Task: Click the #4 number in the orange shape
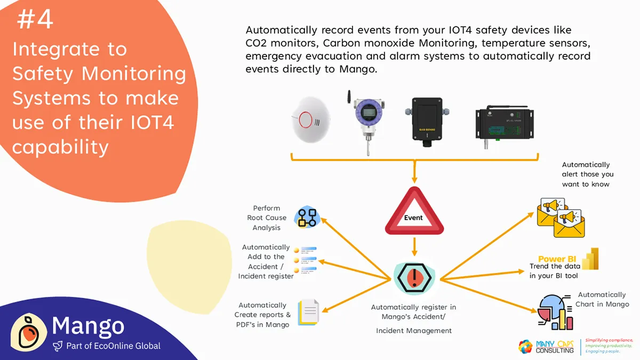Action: [x=35, y=20]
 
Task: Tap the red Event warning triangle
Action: [x=414, y=213]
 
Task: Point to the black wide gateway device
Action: [x=504, y=124]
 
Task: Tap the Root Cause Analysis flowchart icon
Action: [x=307, y=218]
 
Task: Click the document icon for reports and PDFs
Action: [x=308, y=312]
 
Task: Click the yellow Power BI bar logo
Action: [x=591, y=259]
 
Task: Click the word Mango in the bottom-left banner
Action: [x=88, y=325]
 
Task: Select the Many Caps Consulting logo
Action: [x=547, y=346]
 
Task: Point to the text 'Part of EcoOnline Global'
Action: [x=113, y=346]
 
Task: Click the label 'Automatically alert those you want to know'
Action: [x=587, y=174]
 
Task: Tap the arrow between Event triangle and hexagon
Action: [x=414, y=246]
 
